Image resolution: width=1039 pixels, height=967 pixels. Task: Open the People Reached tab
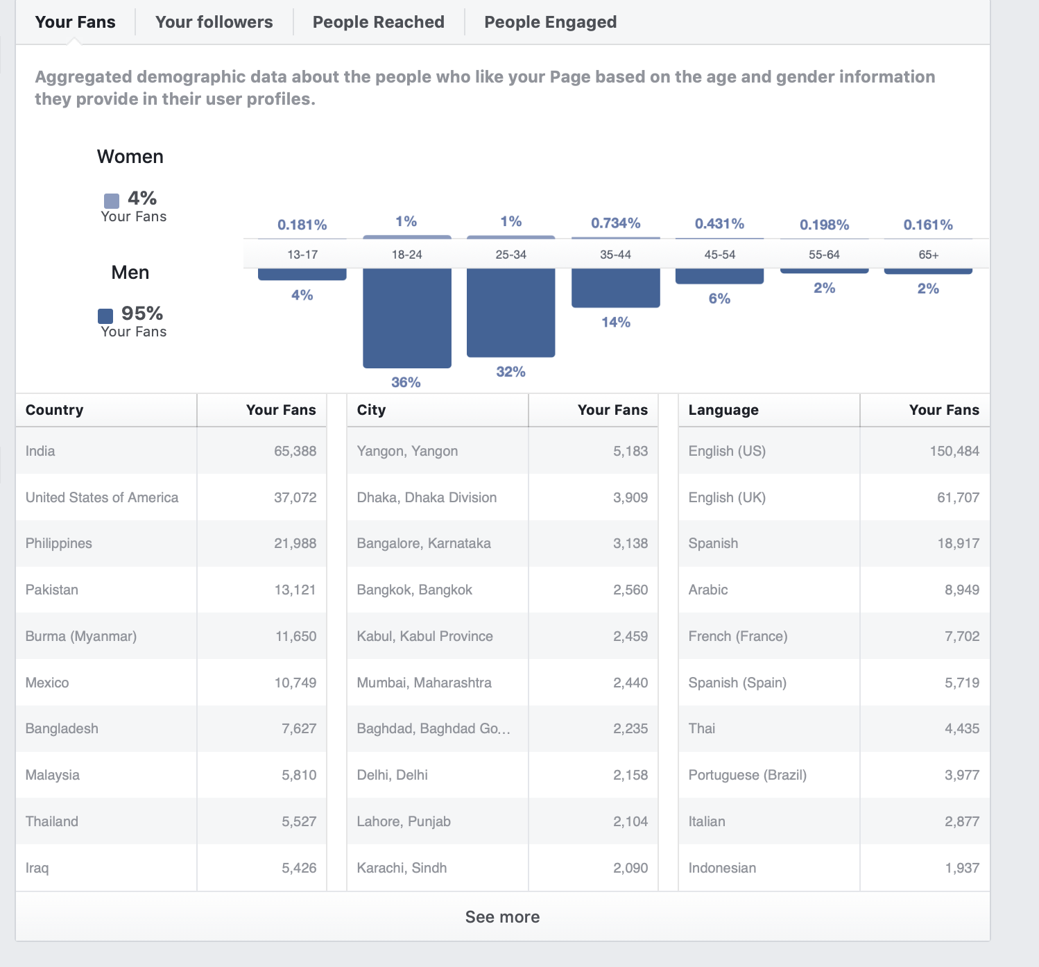click(x=378, y=22)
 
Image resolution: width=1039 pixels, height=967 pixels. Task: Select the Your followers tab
click(x=214, y=22)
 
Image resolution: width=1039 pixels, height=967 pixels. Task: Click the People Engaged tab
click(x=551, y=22)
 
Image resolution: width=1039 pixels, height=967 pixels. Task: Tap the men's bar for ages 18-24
click(x=407, y=318)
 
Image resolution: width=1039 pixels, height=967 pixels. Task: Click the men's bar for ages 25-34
click(x=510, y=313)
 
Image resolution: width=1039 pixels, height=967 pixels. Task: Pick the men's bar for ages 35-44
click(x=616, y=288)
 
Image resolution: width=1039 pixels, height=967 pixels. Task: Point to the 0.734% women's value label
click(x=616, y=223)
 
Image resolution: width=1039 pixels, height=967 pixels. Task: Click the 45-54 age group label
click(x=719, y=255)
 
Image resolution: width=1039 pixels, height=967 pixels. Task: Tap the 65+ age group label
click(x=929, y=255)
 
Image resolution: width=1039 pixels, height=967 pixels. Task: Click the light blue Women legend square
click(x=112, y=201)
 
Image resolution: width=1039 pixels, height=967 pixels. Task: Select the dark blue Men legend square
click(x=105, y=316)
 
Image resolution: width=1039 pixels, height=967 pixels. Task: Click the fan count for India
click(x=295, y=451)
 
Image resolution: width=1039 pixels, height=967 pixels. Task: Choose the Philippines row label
click(x=58, y=543)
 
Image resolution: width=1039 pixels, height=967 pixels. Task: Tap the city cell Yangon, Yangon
click(x=407, y=451)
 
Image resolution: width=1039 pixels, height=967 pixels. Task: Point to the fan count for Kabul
click(x=630, y=636)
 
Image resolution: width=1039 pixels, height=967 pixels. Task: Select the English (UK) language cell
click(x=727, y=497)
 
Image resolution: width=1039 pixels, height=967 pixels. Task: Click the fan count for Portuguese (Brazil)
click(x=961, y=775)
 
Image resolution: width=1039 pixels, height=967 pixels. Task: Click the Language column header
click(x=723, y=410)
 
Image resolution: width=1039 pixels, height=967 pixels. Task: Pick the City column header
click(x=371, y=410)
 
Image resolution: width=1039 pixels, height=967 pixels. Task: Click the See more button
click(x=502, y=917)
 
